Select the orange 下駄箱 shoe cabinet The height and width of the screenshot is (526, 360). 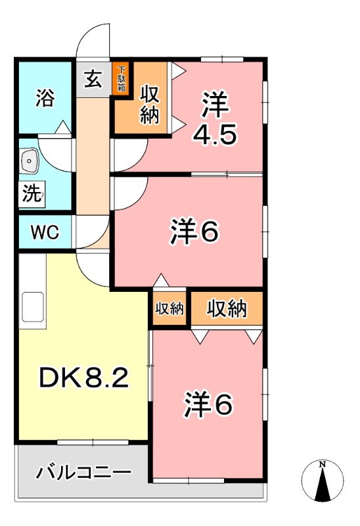[122, 79]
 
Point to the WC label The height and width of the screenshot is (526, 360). [45, 232]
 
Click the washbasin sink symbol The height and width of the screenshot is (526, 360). [30, 160]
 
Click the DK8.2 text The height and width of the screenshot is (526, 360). [83, 377]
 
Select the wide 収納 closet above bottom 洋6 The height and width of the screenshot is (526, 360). [227, 308]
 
